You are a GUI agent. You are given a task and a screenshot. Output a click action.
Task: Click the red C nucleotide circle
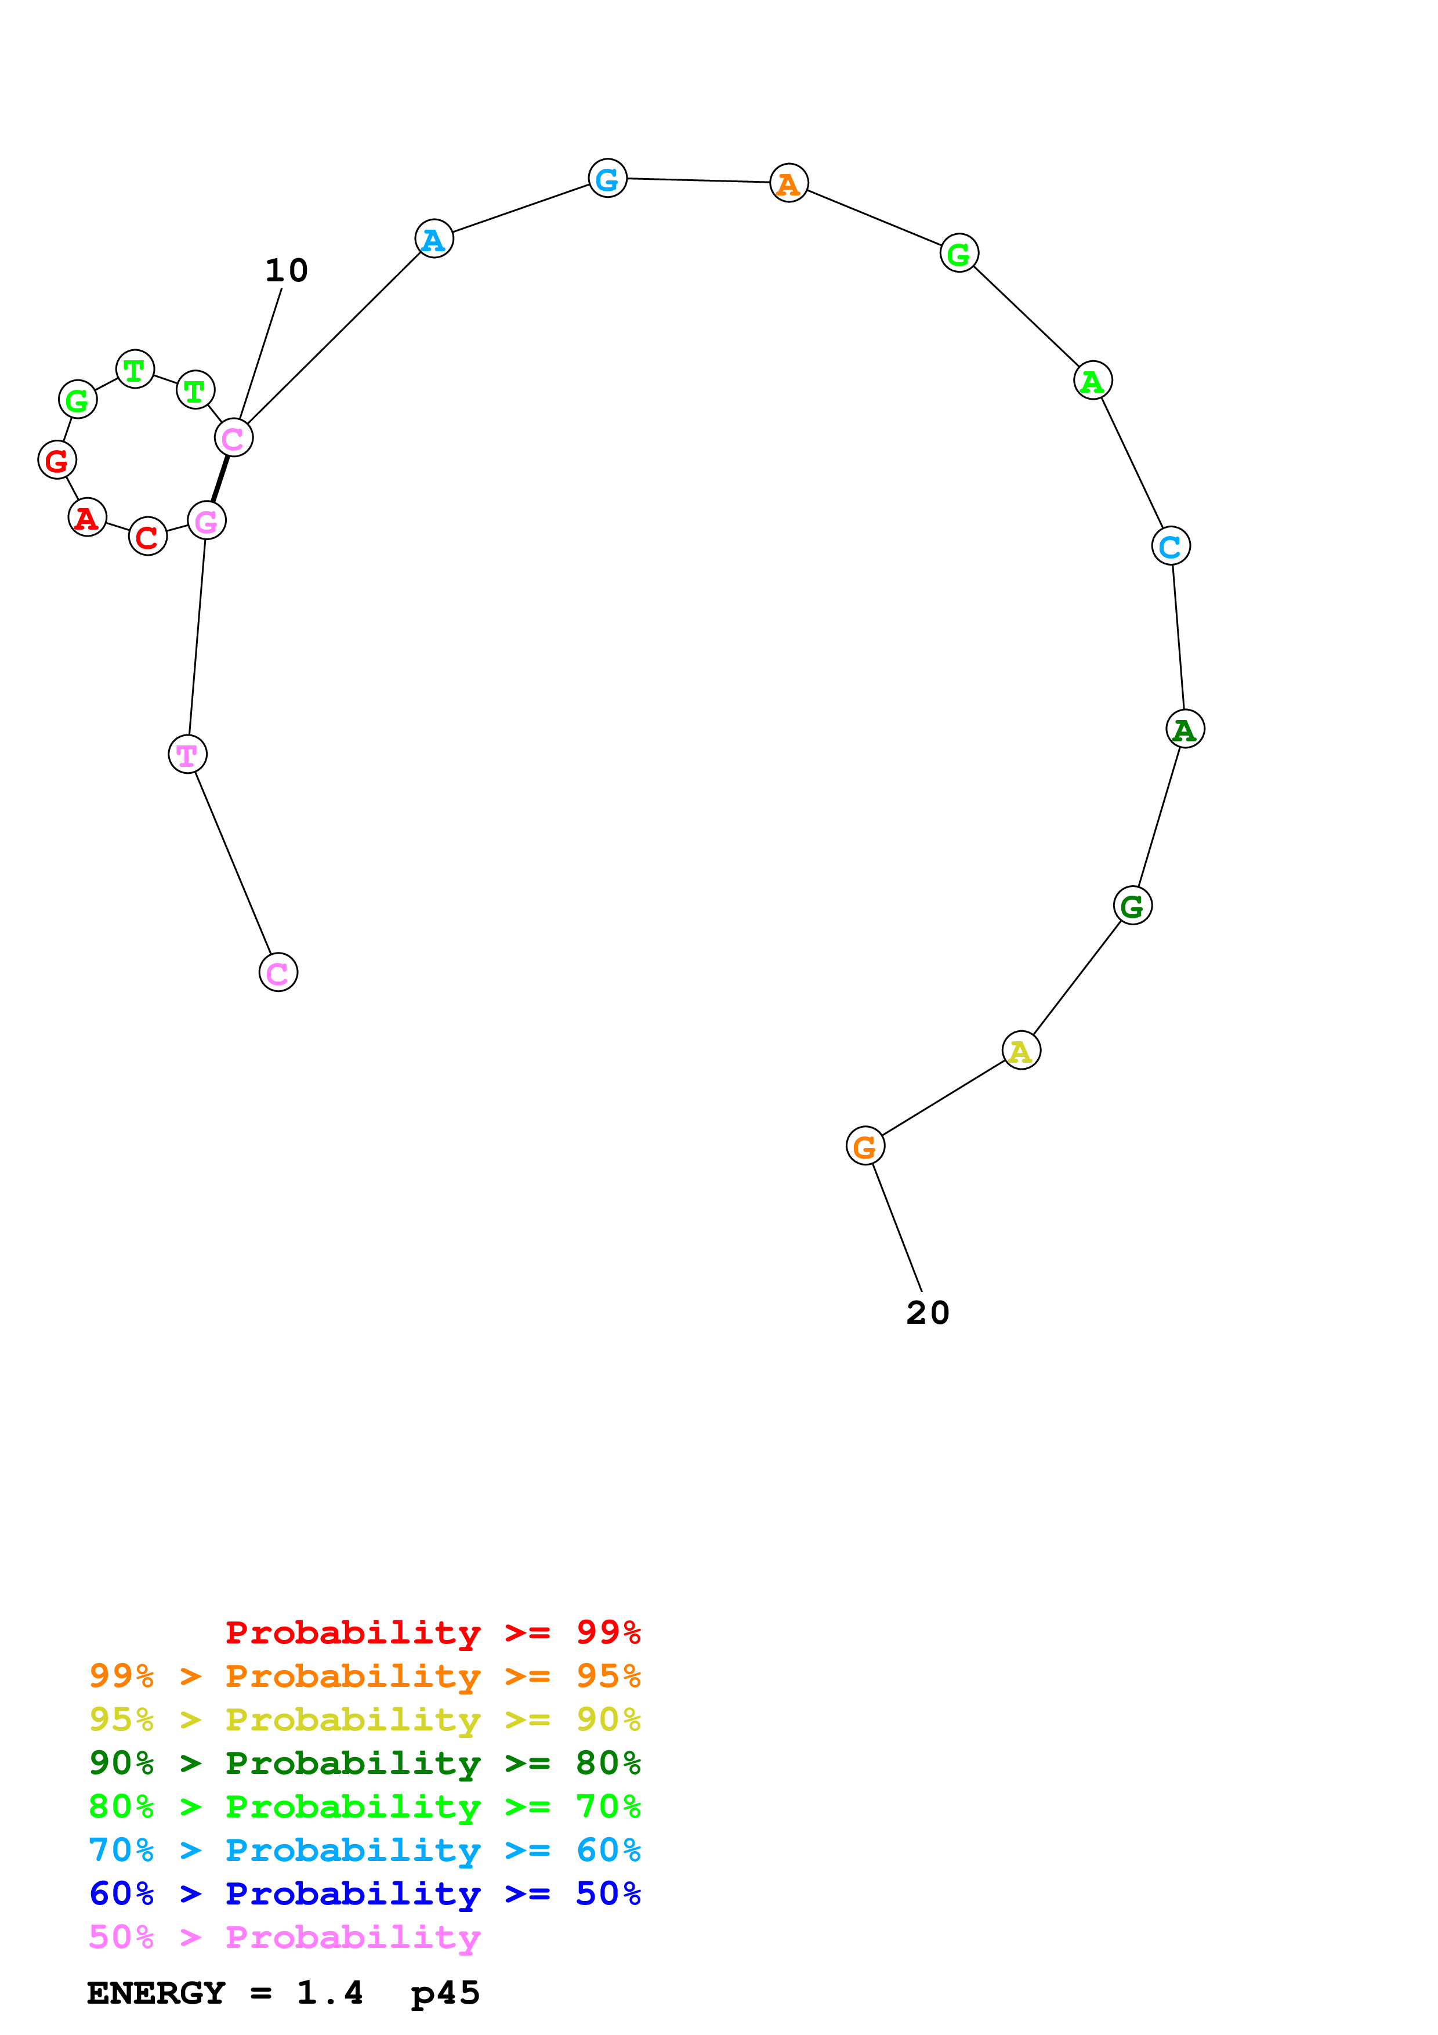point(148,536)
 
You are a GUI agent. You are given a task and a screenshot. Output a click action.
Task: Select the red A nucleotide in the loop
point(87,517)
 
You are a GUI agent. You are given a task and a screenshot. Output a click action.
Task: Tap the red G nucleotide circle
point(57,460)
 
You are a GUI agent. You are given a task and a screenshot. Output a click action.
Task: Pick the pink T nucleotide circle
point(187,754)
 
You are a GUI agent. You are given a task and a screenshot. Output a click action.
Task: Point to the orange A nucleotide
point(788,183)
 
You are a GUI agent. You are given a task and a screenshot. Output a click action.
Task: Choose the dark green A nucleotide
point(1185,729)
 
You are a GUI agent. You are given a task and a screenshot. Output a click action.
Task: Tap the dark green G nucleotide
point(1132,906)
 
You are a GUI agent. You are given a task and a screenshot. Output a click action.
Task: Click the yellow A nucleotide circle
point(1021,1051)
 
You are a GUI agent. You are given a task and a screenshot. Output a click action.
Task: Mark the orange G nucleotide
point(865,1147)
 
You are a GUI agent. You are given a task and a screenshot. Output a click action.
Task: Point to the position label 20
point(928,1313)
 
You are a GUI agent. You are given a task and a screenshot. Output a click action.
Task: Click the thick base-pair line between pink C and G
point(220,479)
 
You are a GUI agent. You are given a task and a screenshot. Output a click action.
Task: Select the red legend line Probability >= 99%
point(432,1632)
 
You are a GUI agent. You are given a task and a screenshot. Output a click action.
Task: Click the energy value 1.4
point(329,1993)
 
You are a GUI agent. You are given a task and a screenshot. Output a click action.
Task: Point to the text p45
point(445,1993)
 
